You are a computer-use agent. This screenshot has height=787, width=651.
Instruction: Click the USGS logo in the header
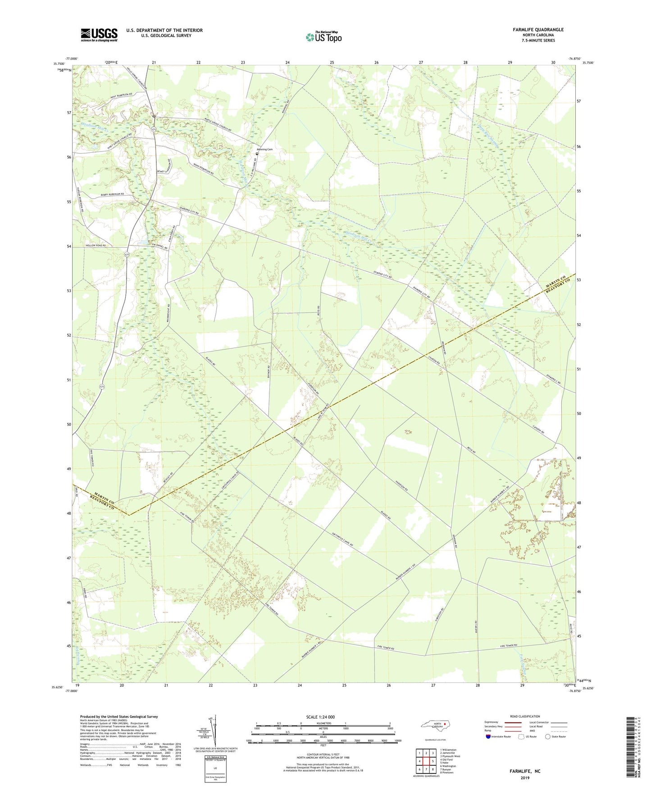(99, 34)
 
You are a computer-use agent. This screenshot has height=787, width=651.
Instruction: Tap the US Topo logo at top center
(323, 37)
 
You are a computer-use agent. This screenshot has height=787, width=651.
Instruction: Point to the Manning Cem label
(264, 149)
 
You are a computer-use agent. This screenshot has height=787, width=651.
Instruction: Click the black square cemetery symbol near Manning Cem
(257, 154)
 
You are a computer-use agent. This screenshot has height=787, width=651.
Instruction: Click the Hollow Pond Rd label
(96, 246)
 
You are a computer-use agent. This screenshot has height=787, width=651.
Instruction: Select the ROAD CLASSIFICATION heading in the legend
(525, 716)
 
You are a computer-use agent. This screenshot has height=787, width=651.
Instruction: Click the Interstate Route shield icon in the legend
(488, 737)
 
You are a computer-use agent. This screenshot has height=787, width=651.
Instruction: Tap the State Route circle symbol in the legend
(547, 737)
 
